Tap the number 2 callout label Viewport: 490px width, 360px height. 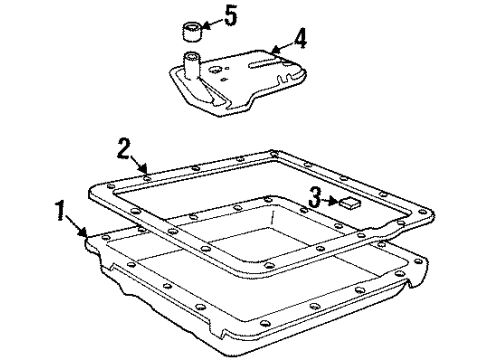click(123, 150)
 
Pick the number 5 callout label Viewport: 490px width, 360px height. click(232, 16)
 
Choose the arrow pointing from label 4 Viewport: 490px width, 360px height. click(279, 44)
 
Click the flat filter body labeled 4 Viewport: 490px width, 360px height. click(240, 80)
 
